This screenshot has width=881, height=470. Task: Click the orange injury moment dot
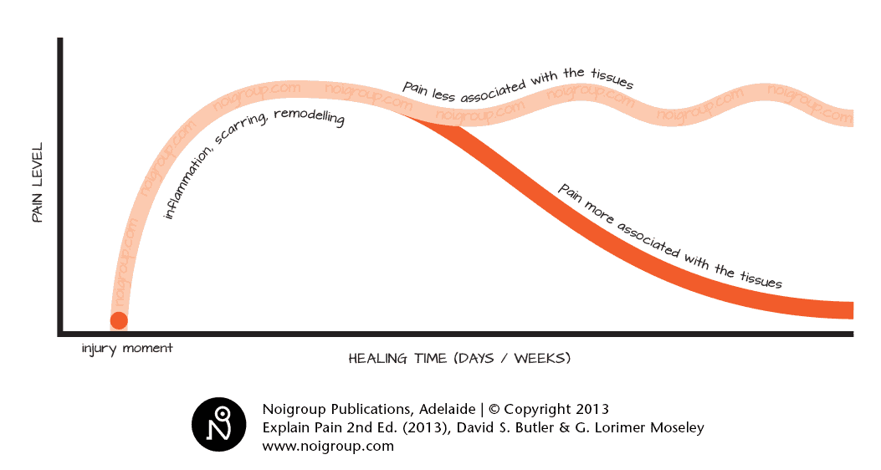pos(119,320)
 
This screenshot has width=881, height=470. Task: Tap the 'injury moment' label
pos(127,348)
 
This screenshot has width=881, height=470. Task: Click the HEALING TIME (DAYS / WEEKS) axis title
pos(459,359)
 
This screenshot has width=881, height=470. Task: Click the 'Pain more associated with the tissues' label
pos(669,238)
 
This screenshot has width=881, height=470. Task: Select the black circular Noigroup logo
pos(219,425)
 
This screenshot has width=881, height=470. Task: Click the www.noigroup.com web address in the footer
pos(328,446)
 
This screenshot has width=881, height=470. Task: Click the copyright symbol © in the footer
pos(494,410)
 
